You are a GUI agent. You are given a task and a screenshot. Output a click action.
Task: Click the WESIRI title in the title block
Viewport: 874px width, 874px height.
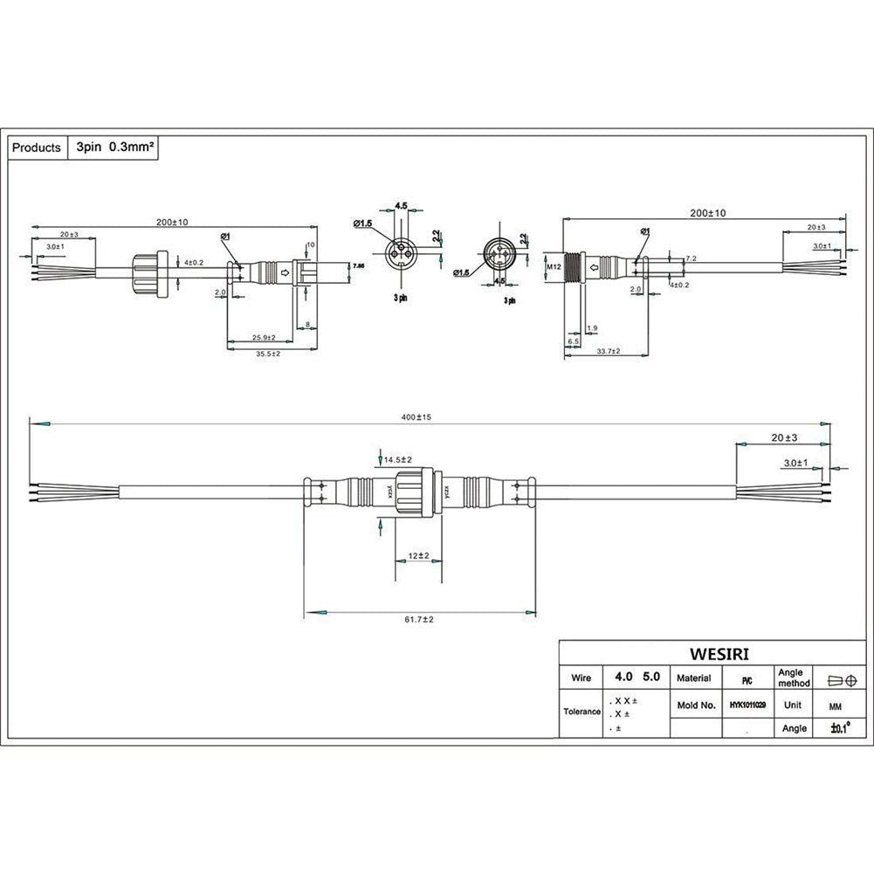tap(719, 653)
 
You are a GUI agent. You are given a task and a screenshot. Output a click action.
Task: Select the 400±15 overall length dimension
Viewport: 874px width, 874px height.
tap(416, 417)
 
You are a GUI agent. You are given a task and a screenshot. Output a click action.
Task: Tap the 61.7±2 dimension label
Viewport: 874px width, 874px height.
tap(419, 619)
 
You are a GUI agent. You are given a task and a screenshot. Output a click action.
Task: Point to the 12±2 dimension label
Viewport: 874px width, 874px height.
tap(418, 555)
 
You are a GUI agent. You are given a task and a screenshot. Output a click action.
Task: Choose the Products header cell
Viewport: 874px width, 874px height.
tap(37, 148)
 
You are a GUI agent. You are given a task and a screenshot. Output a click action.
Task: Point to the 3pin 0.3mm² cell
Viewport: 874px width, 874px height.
tap(115, 148)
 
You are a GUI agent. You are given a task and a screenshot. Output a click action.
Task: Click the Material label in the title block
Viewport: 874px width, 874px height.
tap(693, 677)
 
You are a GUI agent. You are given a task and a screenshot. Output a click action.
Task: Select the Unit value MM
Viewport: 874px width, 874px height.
tap(824, 705)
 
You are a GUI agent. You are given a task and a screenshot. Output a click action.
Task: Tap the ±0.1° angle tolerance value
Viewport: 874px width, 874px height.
tap(839, 728)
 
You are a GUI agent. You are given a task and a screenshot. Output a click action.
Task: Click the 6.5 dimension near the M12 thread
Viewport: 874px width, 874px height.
tap(573, 341)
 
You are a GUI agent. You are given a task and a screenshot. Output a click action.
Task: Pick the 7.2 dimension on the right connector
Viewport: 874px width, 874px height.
tap(691, 258)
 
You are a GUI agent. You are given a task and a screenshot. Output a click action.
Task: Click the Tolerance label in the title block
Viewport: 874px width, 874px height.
tap(581, 711)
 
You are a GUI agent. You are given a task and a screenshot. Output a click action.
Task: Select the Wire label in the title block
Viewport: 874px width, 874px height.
tap(581, 678)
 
